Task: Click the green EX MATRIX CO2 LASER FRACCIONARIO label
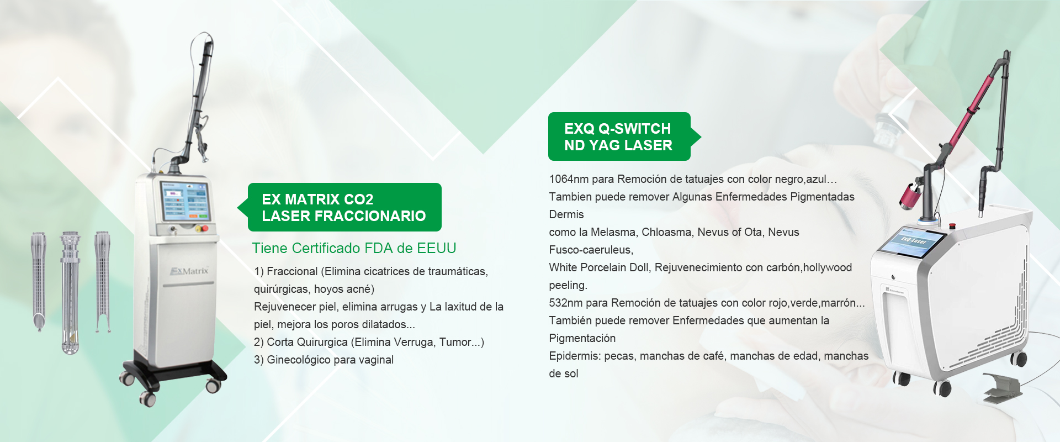343,207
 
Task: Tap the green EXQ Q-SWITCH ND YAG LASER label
624,136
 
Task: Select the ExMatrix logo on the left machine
189,271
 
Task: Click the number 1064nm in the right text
569,179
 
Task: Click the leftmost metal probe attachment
39,281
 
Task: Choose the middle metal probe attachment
71,292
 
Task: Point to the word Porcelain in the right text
604,267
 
